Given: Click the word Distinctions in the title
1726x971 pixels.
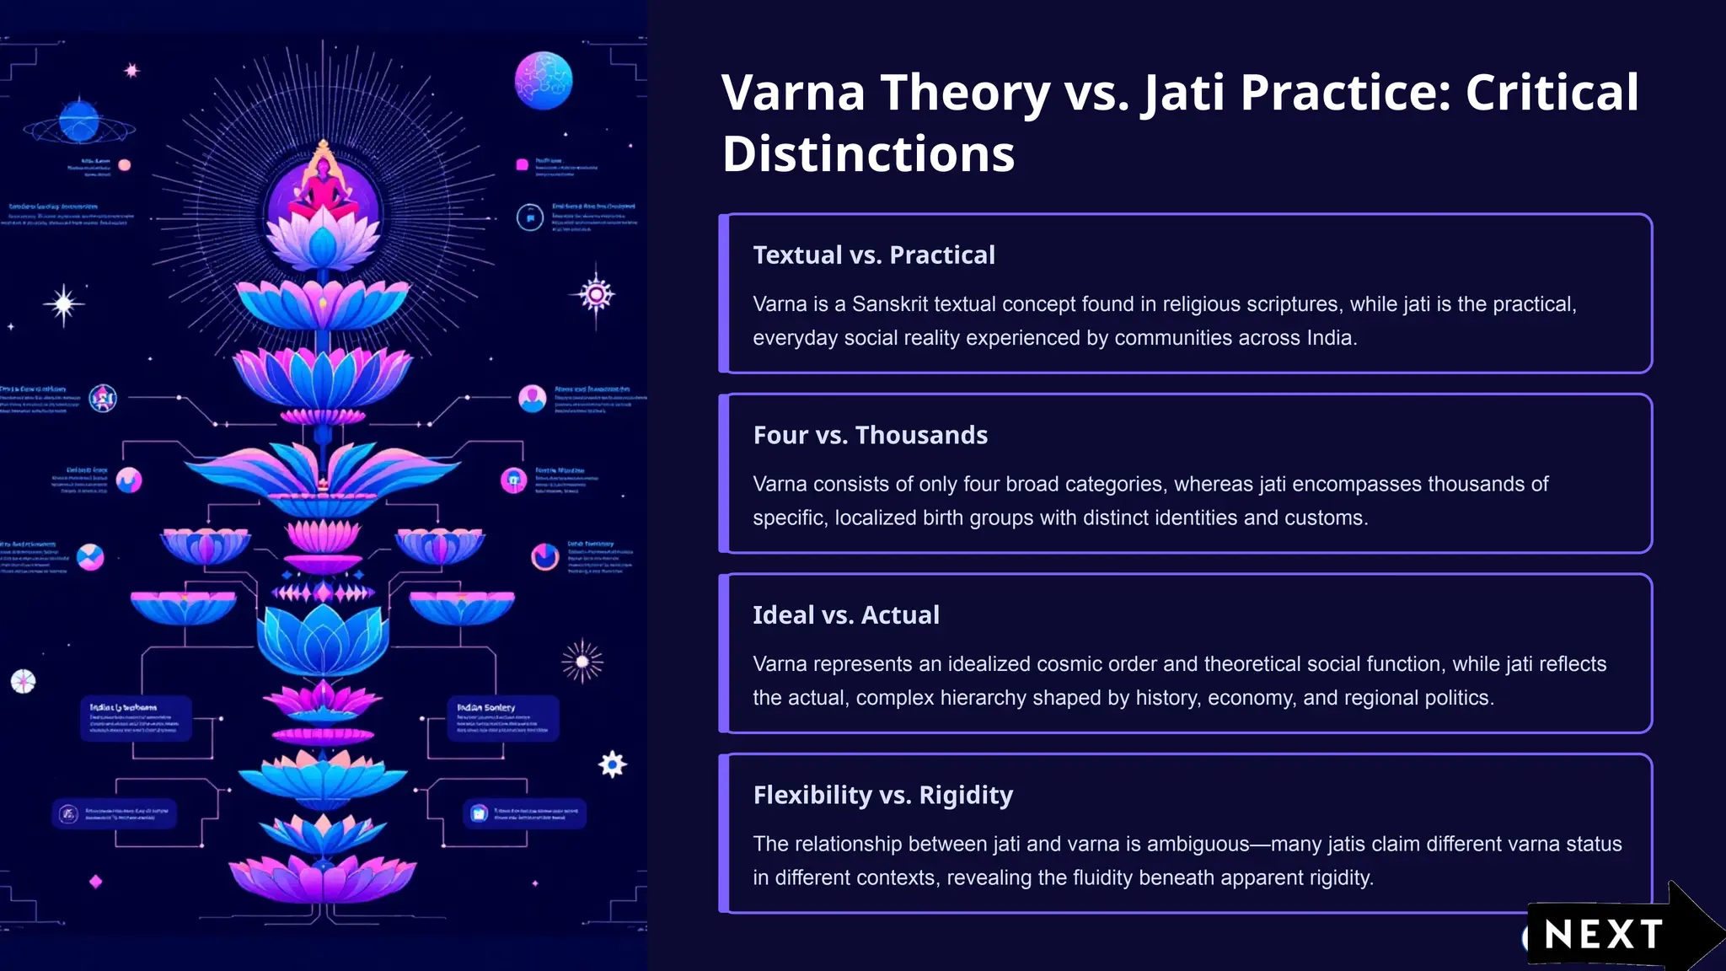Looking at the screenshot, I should [x=868, y=155].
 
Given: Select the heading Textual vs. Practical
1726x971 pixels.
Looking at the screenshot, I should [x=873, y=255].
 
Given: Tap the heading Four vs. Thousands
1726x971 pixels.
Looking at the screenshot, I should [x=870, y=435].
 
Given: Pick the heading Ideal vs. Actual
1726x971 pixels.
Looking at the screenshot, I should [x=845, y=615].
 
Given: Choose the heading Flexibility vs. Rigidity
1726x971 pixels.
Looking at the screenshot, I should [x=882, y=795].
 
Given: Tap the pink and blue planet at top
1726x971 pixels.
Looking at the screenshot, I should [x=544, y=81].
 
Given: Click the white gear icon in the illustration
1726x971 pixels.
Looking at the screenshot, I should [x=613, y=764].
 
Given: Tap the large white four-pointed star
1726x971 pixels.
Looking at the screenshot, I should [x=64, y=303].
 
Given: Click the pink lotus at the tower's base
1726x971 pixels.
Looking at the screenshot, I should [x=323, y=877].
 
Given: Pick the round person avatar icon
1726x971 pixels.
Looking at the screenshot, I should [x=532, y=398].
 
